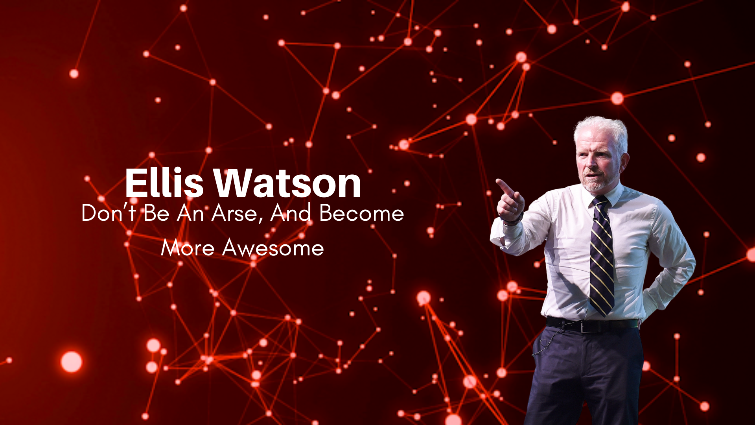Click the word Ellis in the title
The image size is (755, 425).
coord(164,183)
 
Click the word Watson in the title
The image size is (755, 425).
coord(287,183)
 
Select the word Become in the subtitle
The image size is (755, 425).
coord(361,213)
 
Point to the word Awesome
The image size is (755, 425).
coord(273,248)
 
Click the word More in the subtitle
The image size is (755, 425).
coord(188,248)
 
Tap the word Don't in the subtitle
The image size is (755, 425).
coord(109,213)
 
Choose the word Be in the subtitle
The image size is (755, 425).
coord(156,213)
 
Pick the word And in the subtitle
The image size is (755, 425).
coord(291,213)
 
